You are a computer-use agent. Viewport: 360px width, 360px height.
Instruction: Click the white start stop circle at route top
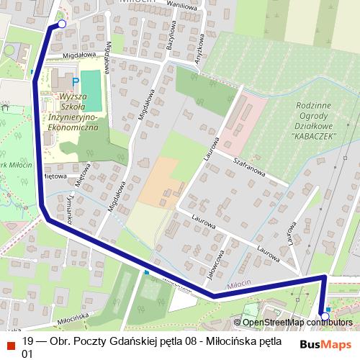pos(61,24)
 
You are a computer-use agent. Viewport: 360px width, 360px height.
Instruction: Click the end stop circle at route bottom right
pos(325,316)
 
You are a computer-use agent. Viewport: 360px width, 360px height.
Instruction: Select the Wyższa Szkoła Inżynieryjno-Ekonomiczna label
pos(71,112)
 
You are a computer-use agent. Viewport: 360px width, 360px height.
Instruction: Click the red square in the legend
pos(10,343)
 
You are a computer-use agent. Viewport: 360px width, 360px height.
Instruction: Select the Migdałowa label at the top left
pos(78,54)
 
